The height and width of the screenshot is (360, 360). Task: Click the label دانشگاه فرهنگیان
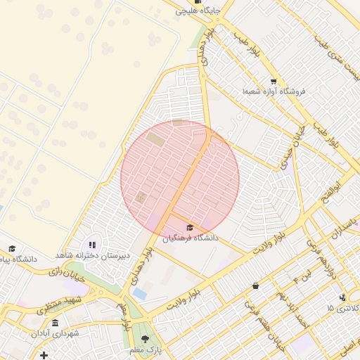pos(191,238)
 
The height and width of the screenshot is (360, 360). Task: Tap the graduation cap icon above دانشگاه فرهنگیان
pos(189,227)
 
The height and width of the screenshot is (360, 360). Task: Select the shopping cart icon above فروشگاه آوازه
pos(274,81)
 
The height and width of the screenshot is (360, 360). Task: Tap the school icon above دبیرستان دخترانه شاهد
pos(93,245)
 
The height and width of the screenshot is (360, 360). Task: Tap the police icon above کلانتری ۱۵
pos(342,297)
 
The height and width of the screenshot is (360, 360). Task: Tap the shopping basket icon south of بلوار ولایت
pos(255,285)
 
